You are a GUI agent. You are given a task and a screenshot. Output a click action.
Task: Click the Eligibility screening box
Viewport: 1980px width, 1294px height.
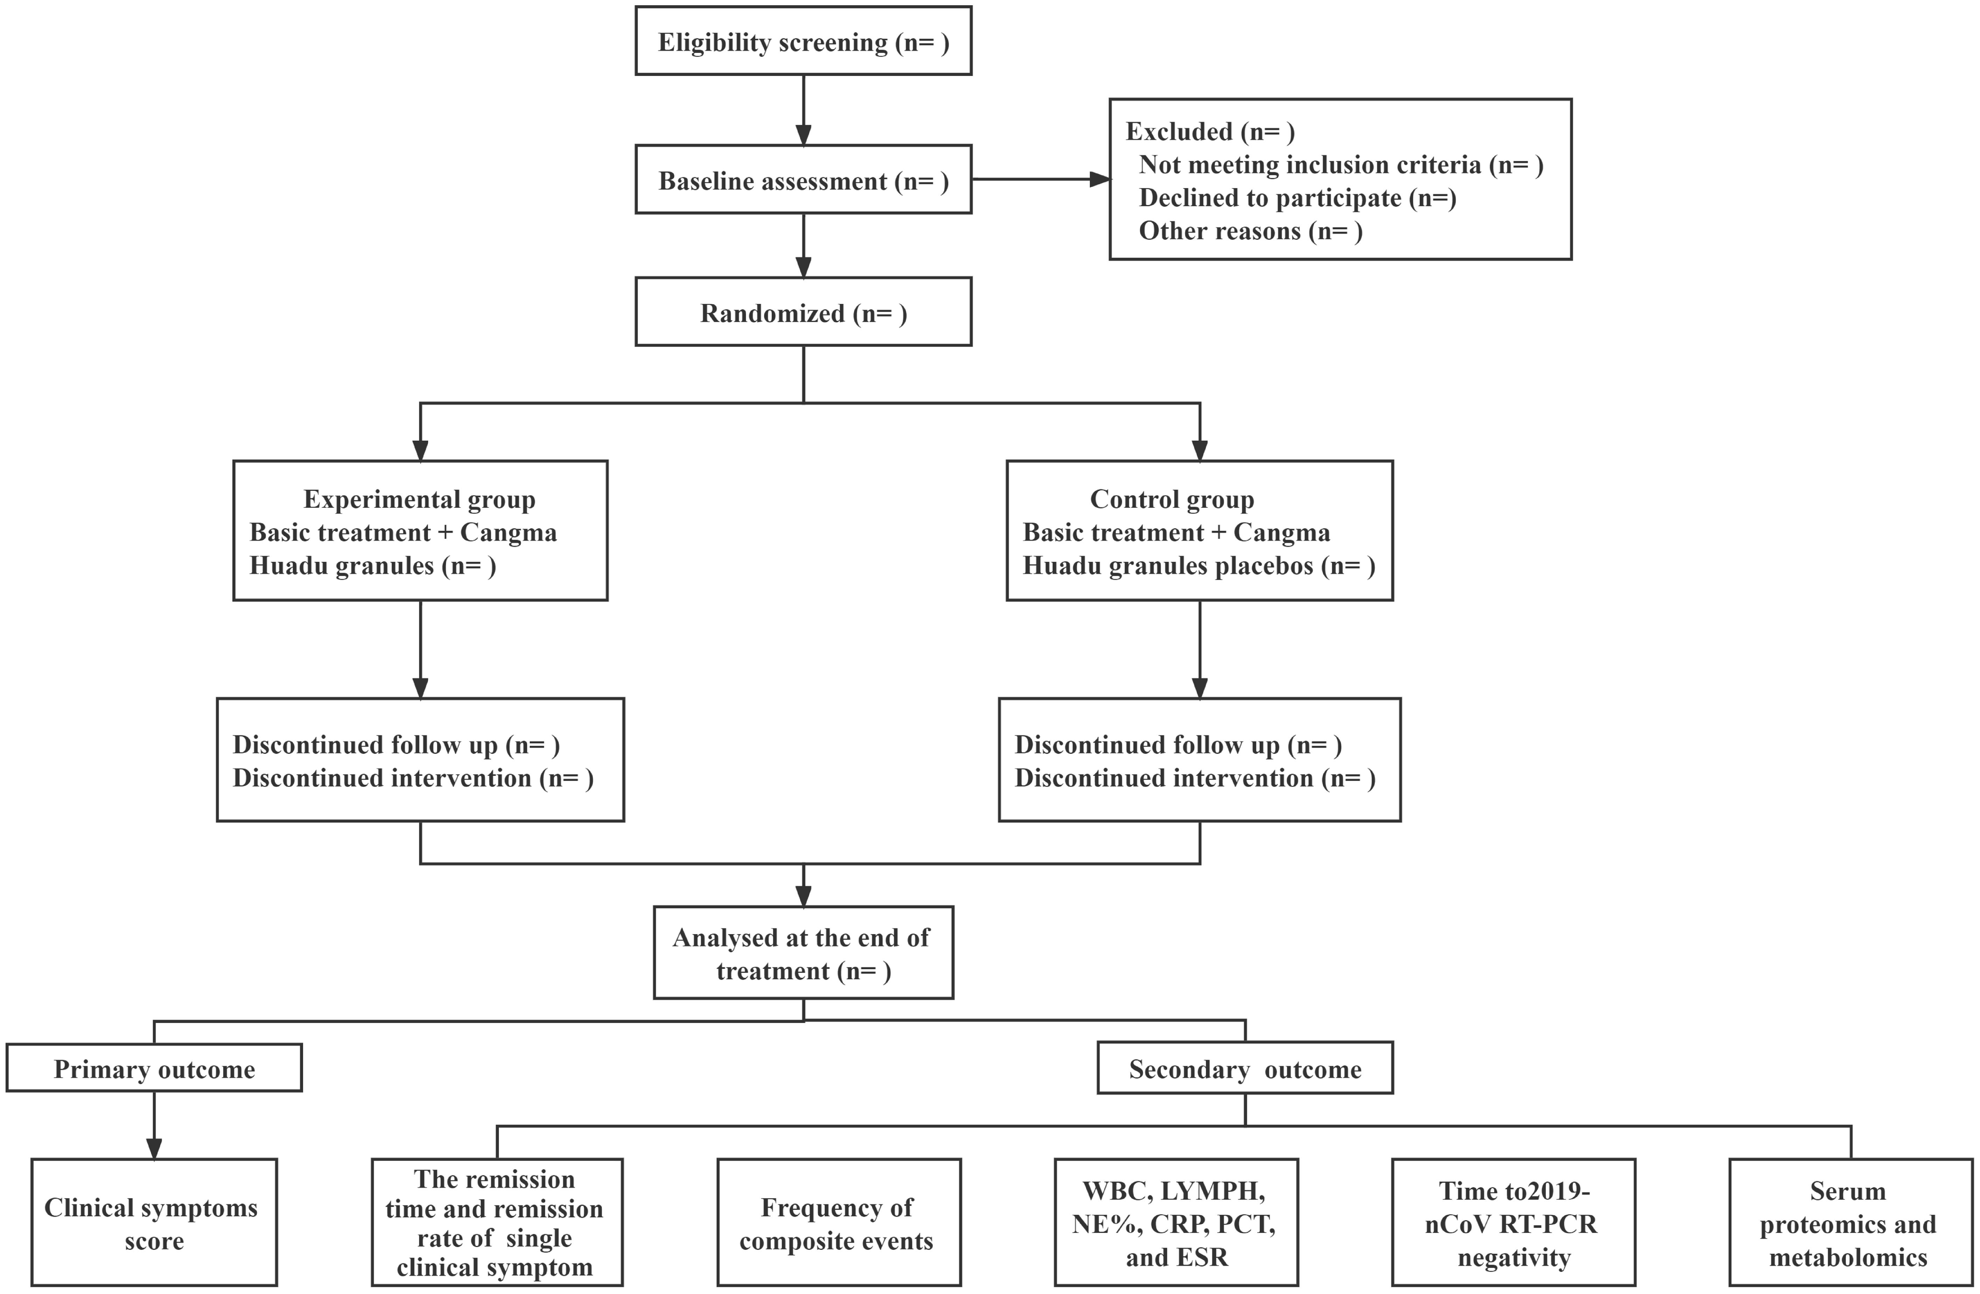click(803, 42)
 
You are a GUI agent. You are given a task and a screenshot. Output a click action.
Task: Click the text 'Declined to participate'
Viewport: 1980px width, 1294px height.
click(1269, 198)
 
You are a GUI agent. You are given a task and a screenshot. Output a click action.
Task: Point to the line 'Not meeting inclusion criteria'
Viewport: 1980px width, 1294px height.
click(1309, 165)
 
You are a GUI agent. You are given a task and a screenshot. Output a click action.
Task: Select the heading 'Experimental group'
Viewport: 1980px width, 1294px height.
click(419, 499)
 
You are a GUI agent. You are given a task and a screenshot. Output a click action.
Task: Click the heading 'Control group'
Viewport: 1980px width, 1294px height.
click(1171, 499)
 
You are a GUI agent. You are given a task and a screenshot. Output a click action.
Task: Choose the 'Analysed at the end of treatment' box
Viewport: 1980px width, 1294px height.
click(803, 954)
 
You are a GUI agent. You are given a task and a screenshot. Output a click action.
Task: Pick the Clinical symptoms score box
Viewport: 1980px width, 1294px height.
click(154, 1223)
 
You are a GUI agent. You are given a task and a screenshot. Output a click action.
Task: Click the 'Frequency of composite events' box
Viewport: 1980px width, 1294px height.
click(838, 1223)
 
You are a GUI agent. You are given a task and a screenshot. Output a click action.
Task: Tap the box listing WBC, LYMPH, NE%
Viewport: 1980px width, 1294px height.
click(1176, 1223)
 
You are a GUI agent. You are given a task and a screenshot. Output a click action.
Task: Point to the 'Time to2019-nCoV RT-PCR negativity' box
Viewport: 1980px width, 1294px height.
click(1512, 1223)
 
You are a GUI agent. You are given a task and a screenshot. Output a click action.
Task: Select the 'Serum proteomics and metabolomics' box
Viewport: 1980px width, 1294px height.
click(1848, 1223)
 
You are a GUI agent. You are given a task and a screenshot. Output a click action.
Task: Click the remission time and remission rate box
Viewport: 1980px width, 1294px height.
click(497, 1223)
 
